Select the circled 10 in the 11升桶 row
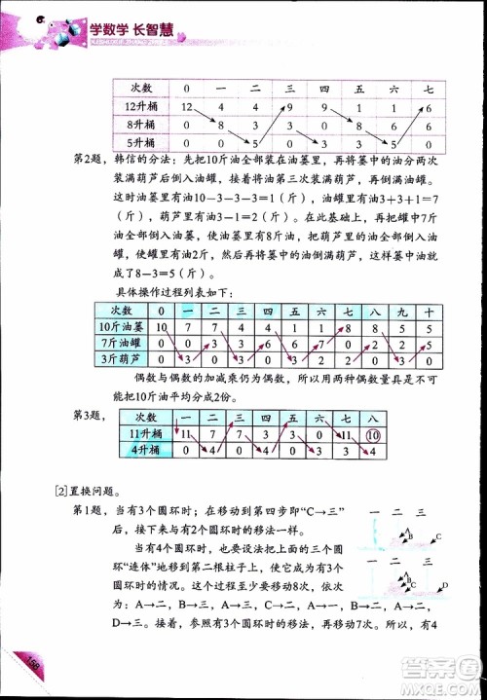tap(372, 434)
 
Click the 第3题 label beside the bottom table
tap(90, 417)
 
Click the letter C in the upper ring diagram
tap(439, 536)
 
